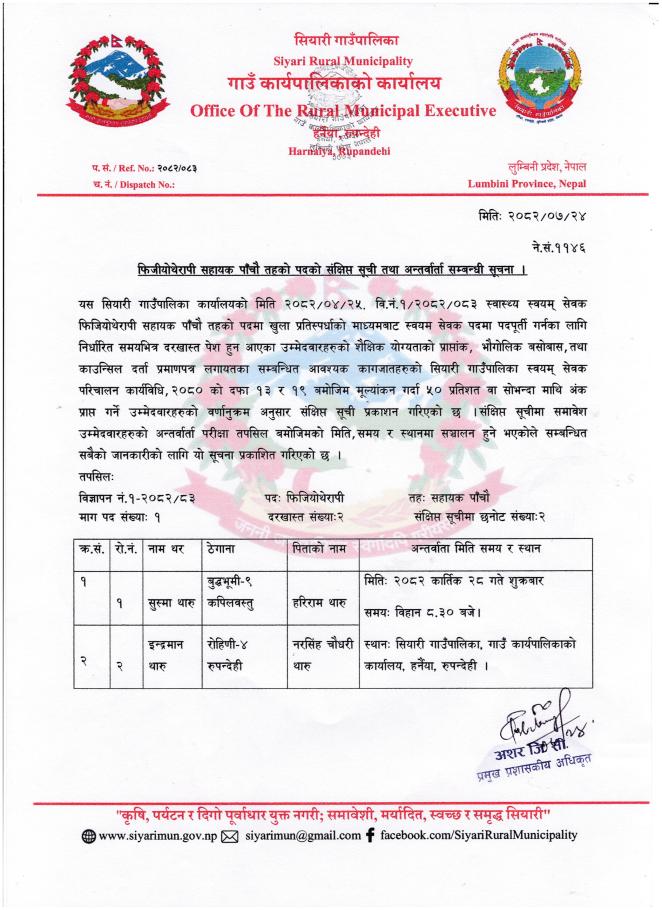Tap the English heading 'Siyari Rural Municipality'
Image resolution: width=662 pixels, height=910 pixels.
334,60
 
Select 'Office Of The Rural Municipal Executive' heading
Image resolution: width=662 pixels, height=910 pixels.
343,110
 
